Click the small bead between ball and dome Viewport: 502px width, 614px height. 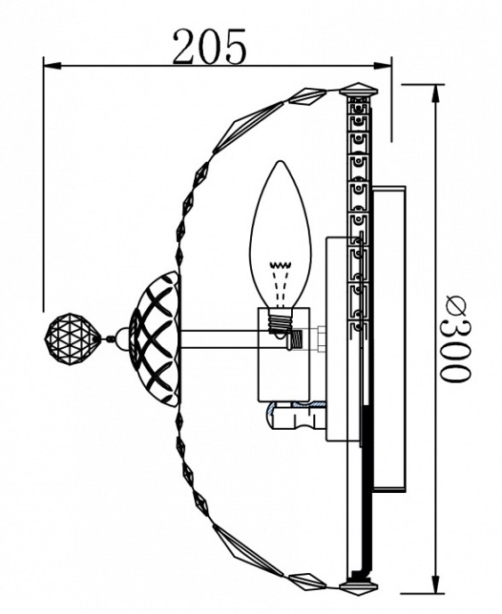(109, 338)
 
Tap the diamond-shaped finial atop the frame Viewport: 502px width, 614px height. (361, 88)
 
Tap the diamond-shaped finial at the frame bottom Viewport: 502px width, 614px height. (361, 586)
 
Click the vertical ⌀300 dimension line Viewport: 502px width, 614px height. (435, 222)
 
